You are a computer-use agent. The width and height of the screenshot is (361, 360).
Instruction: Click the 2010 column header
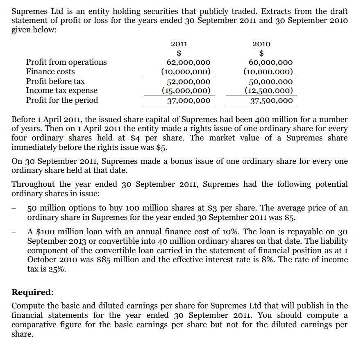coord(261,44)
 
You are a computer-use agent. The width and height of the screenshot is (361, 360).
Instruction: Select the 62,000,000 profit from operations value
coord(188,62)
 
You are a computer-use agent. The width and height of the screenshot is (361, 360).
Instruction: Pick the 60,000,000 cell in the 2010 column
coord(271,62)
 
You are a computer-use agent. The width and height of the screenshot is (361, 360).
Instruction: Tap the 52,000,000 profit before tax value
coord(188,82)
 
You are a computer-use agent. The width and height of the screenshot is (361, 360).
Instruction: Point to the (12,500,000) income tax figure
coord(269,91)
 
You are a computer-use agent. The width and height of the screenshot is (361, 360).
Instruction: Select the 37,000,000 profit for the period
coord(188,100)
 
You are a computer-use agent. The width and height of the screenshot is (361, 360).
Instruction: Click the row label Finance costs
coord(50,72)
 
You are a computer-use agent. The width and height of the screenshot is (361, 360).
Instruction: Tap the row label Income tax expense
coord(62,90)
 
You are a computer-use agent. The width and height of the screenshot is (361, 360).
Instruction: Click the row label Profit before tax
coord(55,81)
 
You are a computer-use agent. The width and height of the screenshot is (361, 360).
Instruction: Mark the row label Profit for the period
coord(62,100)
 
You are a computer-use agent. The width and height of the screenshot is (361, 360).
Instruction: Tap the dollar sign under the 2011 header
coord(179,53)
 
